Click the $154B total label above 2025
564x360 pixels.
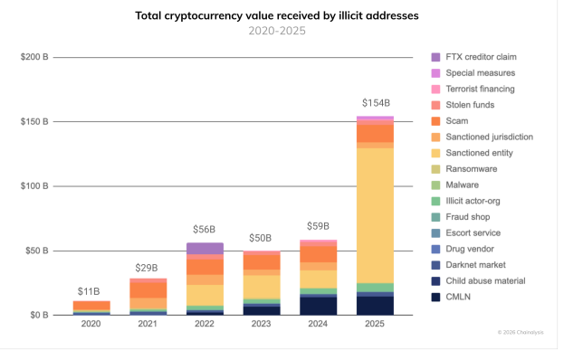pos(376,103)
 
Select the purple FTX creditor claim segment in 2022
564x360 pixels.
pos(205,249)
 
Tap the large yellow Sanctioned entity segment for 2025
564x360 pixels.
pos(375,215)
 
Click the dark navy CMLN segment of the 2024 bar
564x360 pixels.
pos(319,306)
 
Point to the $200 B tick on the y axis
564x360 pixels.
pos(34,57)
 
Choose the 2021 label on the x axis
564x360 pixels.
pos(148,324)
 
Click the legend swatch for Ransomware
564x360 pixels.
pos(435,169)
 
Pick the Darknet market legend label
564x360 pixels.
pos(475,265)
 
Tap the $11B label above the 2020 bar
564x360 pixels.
pos(89,291)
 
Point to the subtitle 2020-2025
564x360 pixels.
pos(277,31)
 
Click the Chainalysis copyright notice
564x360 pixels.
pos(521,332)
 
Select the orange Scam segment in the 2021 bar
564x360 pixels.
pos(148,290)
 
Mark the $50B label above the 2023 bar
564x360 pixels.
pos(261,238)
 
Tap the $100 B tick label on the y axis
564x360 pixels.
pos(34,186)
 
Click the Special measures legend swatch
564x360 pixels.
pos(435,73)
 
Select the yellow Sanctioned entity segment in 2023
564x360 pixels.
pos(262,287)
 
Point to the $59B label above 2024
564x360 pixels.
pos(318,226)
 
